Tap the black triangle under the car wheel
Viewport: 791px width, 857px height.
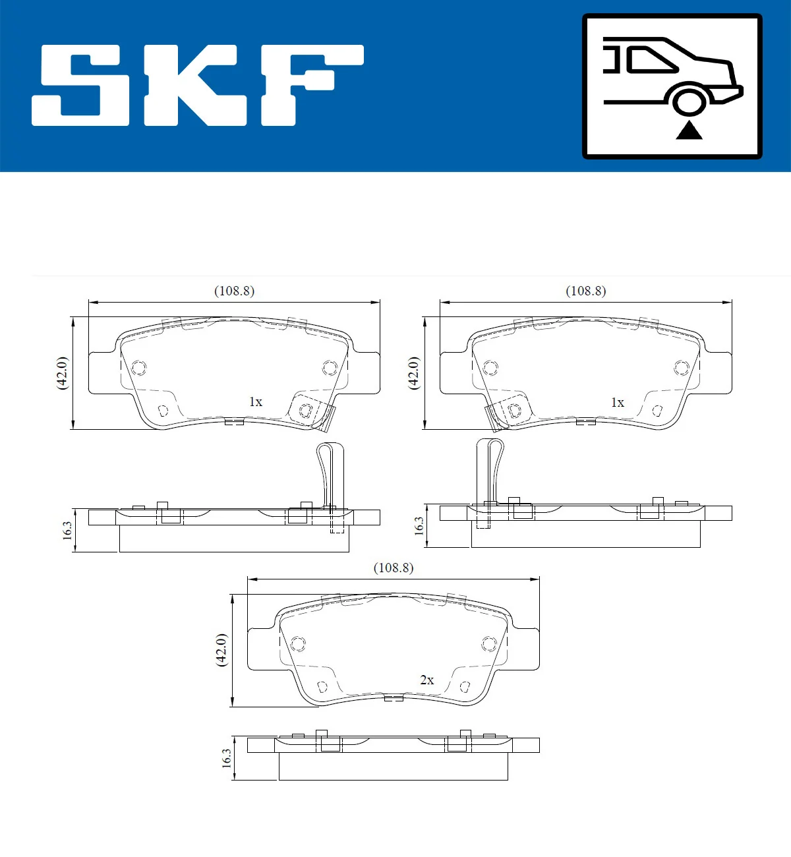click(689, 130)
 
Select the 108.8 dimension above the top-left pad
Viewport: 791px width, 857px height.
click(234, 291)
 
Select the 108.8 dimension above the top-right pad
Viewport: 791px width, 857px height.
click(585, 291)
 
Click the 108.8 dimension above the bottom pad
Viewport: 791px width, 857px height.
click(394, 568)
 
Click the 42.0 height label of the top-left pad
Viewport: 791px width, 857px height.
click(62, 373)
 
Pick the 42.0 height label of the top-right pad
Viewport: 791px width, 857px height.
click(413, 373)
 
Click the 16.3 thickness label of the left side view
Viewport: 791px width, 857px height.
click(67, 531)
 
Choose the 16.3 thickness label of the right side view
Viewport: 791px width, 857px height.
click(419, 525)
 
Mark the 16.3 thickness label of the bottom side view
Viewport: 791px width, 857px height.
click(226, 758)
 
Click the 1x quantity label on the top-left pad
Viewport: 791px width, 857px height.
click(255, 402)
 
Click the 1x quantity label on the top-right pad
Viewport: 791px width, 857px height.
click(617, 402)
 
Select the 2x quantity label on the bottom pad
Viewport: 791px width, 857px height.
click(426, 680)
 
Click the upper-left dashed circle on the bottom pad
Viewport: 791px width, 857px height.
click(298, 643)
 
